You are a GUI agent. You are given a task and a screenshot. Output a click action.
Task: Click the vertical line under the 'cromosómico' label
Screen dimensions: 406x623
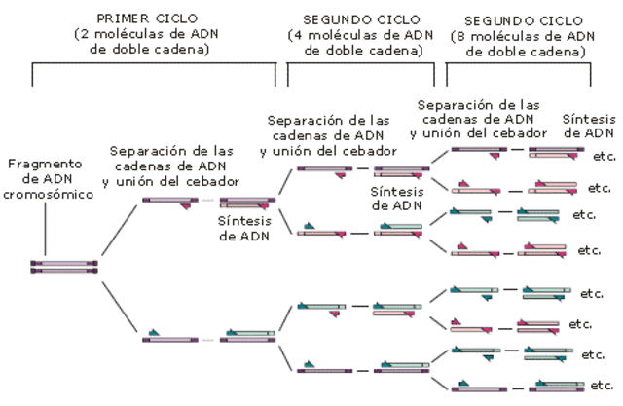pyautogui.click(x=47, y=229)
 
